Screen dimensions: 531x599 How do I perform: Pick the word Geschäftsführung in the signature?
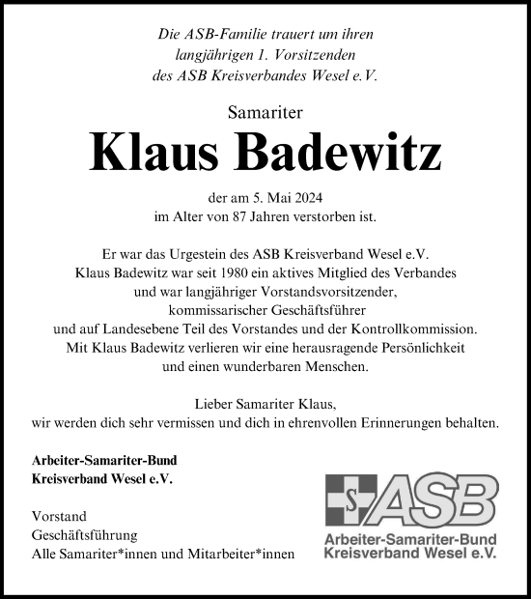[x=84, y=534]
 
